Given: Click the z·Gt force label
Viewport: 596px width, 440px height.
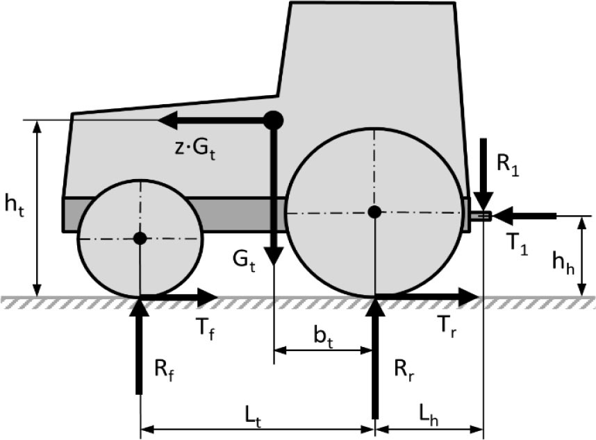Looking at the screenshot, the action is point(195,149).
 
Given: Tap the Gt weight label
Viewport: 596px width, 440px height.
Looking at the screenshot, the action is point(244,262).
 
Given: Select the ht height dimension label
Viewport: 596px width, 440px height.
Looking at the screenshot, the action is point(15,206).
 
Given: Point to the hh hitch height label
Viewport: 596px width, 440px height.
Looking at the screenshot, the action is point(563,263).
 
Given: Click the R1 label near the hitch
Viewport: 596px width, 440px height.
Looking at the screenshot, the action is point(508,165).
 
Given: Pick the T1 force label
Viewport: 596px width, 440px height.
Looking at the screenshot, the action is point(518,245).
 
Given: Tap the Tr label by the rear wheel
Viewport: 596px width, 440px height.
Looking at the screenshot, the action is point(447,325).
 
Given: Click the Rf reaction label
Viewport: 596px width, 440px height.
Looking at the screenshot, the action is point(164,369).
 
